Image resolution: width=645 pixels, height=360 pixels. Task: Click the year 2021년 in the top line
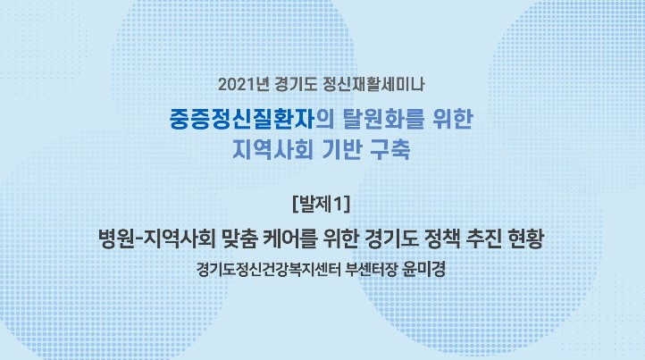pyautogui.click(x=244, y=85)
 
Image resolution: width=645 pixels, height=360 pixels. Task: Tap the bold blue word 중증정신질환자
pyautogui.click(x=242, y=119)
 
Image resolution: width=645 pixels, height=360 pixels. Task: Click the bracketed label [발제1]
pyautogui.click(x=322, y=204)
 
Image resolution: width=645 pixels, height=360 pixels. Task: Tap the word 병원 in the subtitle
pyautogui.click(x=116, y=239)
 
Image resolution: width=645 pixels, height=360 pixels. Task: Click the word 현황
pyautogui.click(x=527, y=239)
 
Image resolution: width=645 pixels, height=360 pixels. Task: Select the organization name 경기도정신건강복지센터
pyautogui.click(x=268, y=270)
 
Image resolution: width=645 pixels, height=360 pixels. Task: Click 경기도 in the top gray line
pyautogui.click(x=296, y=85)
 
